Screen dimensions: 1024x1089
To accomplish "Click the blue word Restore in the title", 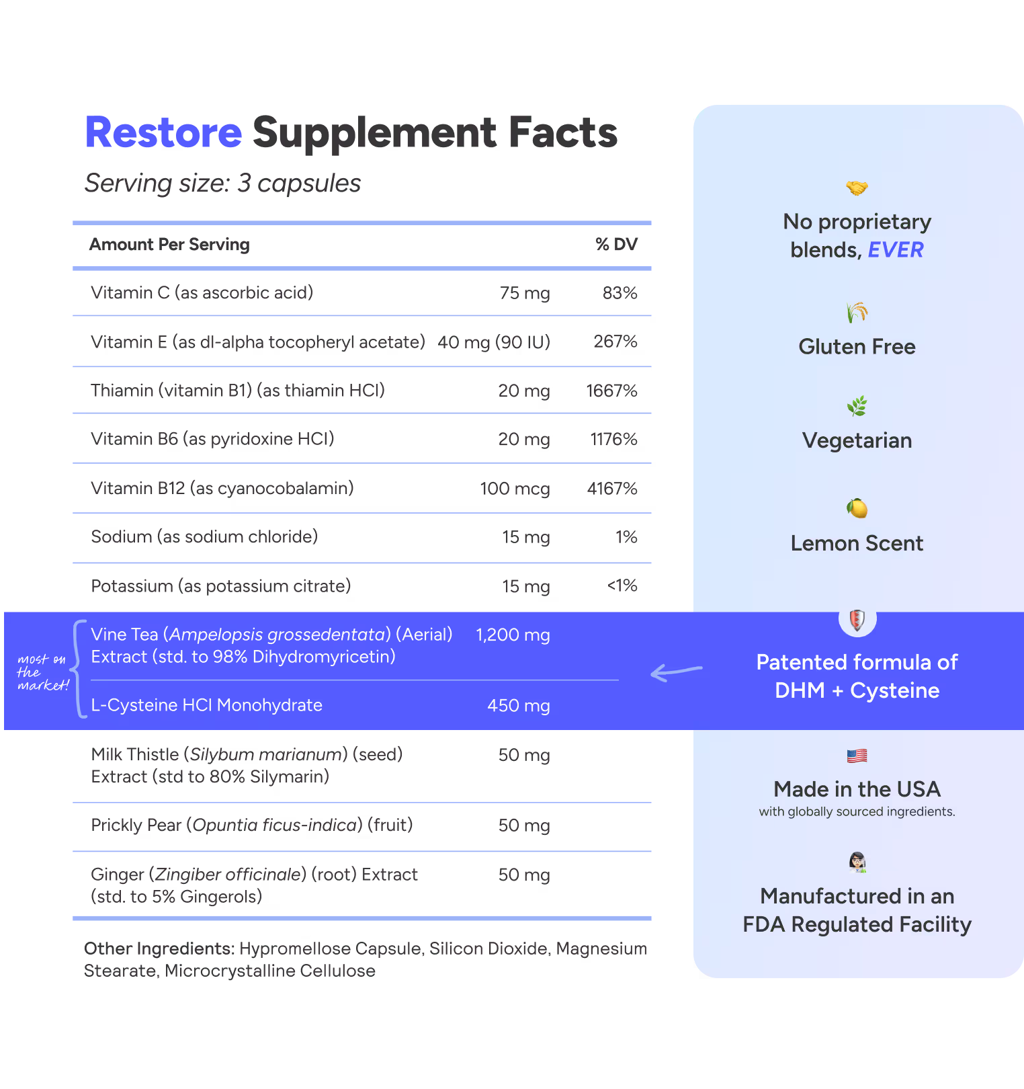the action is point(163,132).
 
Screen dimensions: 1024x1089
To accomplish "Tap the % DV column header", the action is point(616,245).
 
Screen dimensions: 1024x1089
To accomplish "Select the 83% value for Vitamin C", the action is point(620,293).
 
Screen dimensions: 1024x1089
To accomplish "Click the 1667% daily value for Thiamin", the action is point(611,391).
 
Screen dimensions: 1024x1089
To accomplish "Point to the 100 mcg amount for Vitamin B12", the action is point(515,489).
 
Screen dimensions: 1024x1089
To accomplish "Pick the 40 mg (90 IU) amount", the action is point(494,342).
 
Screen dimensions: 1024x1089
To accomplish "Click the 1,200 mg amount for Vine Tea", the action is point(513,635).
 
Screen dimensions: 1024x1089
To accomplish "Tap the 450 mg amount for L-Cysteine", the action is point(518,705).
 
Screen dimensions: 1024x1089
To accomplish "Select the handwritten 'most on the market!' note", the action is point(42,672).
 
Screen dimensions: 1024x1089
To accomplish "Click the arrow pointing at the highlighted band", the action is point(676,671).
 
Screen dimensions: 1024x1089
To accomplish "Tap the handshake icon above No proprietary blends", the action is point(857,188).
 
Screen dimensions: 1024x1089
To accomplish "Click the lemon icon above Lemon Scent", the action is point(857,508).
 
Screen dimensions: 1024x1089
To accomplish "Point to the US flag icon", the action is point(857,756).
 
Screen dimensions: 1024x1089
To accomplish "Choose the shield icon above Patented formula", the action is point(857,619).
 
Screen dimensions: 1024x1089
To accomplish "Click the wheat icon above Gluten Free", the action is point(857,313).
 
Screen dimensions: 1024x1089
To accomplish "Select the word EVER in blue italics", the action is point(896,250).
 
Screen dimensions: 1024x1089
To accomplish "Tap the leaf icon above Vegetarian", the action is point(857,406).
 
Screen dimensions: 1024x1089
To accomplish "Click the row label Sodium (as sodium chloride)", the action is point(204,536).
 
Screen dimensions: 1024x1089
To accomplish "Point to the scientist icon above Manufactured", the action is point(857,862).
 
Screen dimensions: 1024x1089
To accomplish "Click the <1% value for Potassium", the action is point(622,586).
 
